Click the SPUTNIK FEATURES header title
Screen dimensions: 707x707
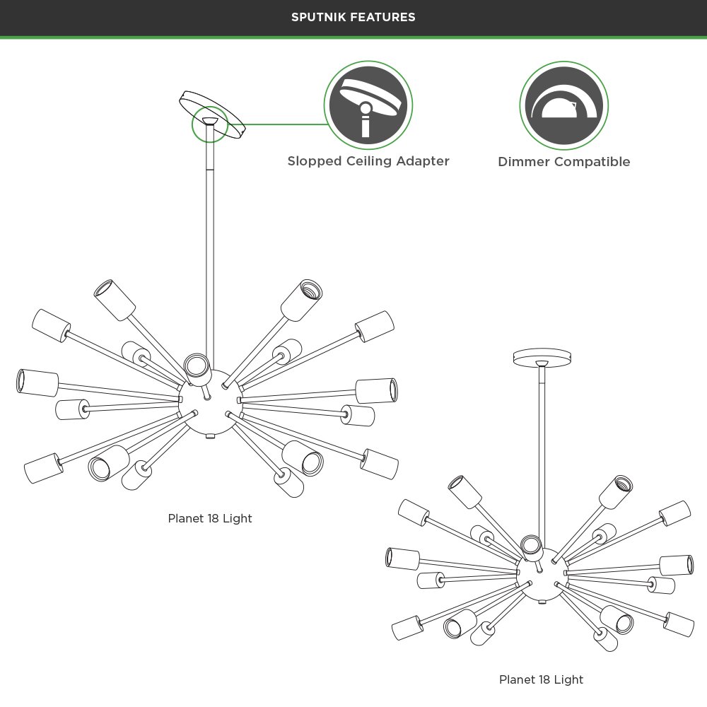pyautogui.click(x=353, y=17)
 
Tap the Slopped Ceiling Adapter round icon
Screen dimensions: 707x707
pyautogui.click(x=368, y=105)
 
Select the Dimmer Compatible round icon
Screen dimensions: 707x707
pyautogui.click(x=563, y=105)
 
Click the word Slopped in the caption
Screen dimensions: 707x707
pyautogui.click(x=315, y=161)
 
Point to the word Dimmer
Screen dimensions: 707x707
pyautogui.click(x=524, y=161)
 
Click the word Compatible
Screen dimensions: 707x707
pyautogui.click(x=592, y=162)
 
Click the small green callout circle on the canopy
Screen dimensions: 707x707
pyautogui.click(x=210, y=124)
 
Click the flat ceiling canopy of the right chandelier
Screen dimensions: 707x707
pyautogui.click(x=542, y=358)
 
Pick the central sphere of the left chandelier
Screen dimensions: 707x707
pyautogui.click(x=209, y=402)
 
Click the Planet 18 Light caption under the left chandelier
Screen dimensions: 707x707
pyautogui.click(x=210, y=518)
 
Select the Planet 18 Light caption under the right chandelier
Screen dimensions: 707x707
pyautogui.click(x=541, y=679)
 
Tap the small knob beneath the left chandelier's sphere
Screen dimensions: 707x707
pyautogui.click(x=210, y=436)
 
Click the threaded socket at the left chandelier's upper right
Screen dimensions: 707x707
pyautogui.click(x=302, y=300)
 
